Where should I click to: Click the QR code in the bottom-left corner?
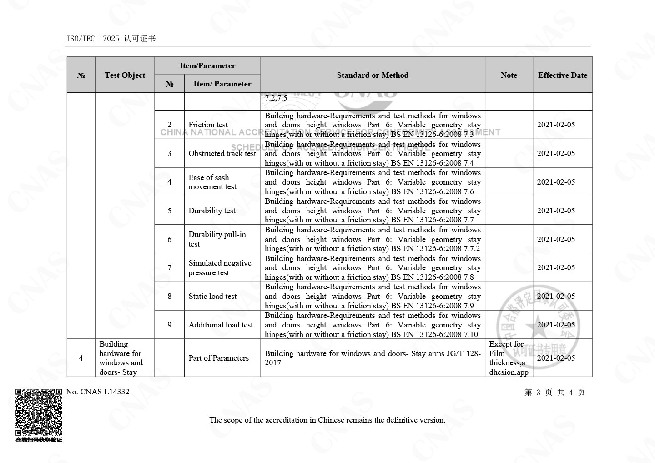click(x=39, y=413)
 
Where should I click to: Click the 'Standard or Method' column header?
click(x=373, y=75)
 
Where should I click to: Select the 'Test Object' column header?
click(x=125, y=75)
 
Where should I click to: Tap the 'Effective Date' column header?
click(x=562, y=75)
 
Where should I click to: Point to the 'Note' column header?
click(x=509, y=75)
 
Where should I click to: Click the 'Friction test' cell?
click(x=208, y=125)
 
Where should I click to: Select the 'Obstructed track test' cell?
click(x=222, y=153)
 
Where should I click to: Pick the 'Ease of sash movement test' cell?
click(x=212, y=182)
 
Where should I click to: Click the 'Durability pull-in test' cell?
click(x=217, y=239)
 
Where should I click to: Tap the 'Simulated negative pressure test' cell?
click(x=220, y=268)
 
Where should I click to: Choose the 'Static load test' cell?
click(x=212, y=296)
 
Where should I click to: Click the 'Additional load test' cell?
click(x=221, y=325)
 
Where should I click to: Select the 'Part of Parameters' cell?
click(x=218, y=358)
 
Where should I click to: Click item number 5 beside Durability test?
click(x=169, y=211)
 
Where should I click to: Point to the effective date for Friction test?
click(x=556, y=125)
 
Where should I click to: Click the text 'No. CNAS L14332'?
click(x=97, y=392)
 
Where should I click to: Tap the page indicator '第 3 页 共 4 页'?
click(x=554, y=393)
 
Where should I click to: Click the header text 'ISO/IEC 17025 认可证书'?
click(x=111, y=39)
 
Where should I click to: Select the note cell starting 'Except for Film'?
click(x=509, y=358)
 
